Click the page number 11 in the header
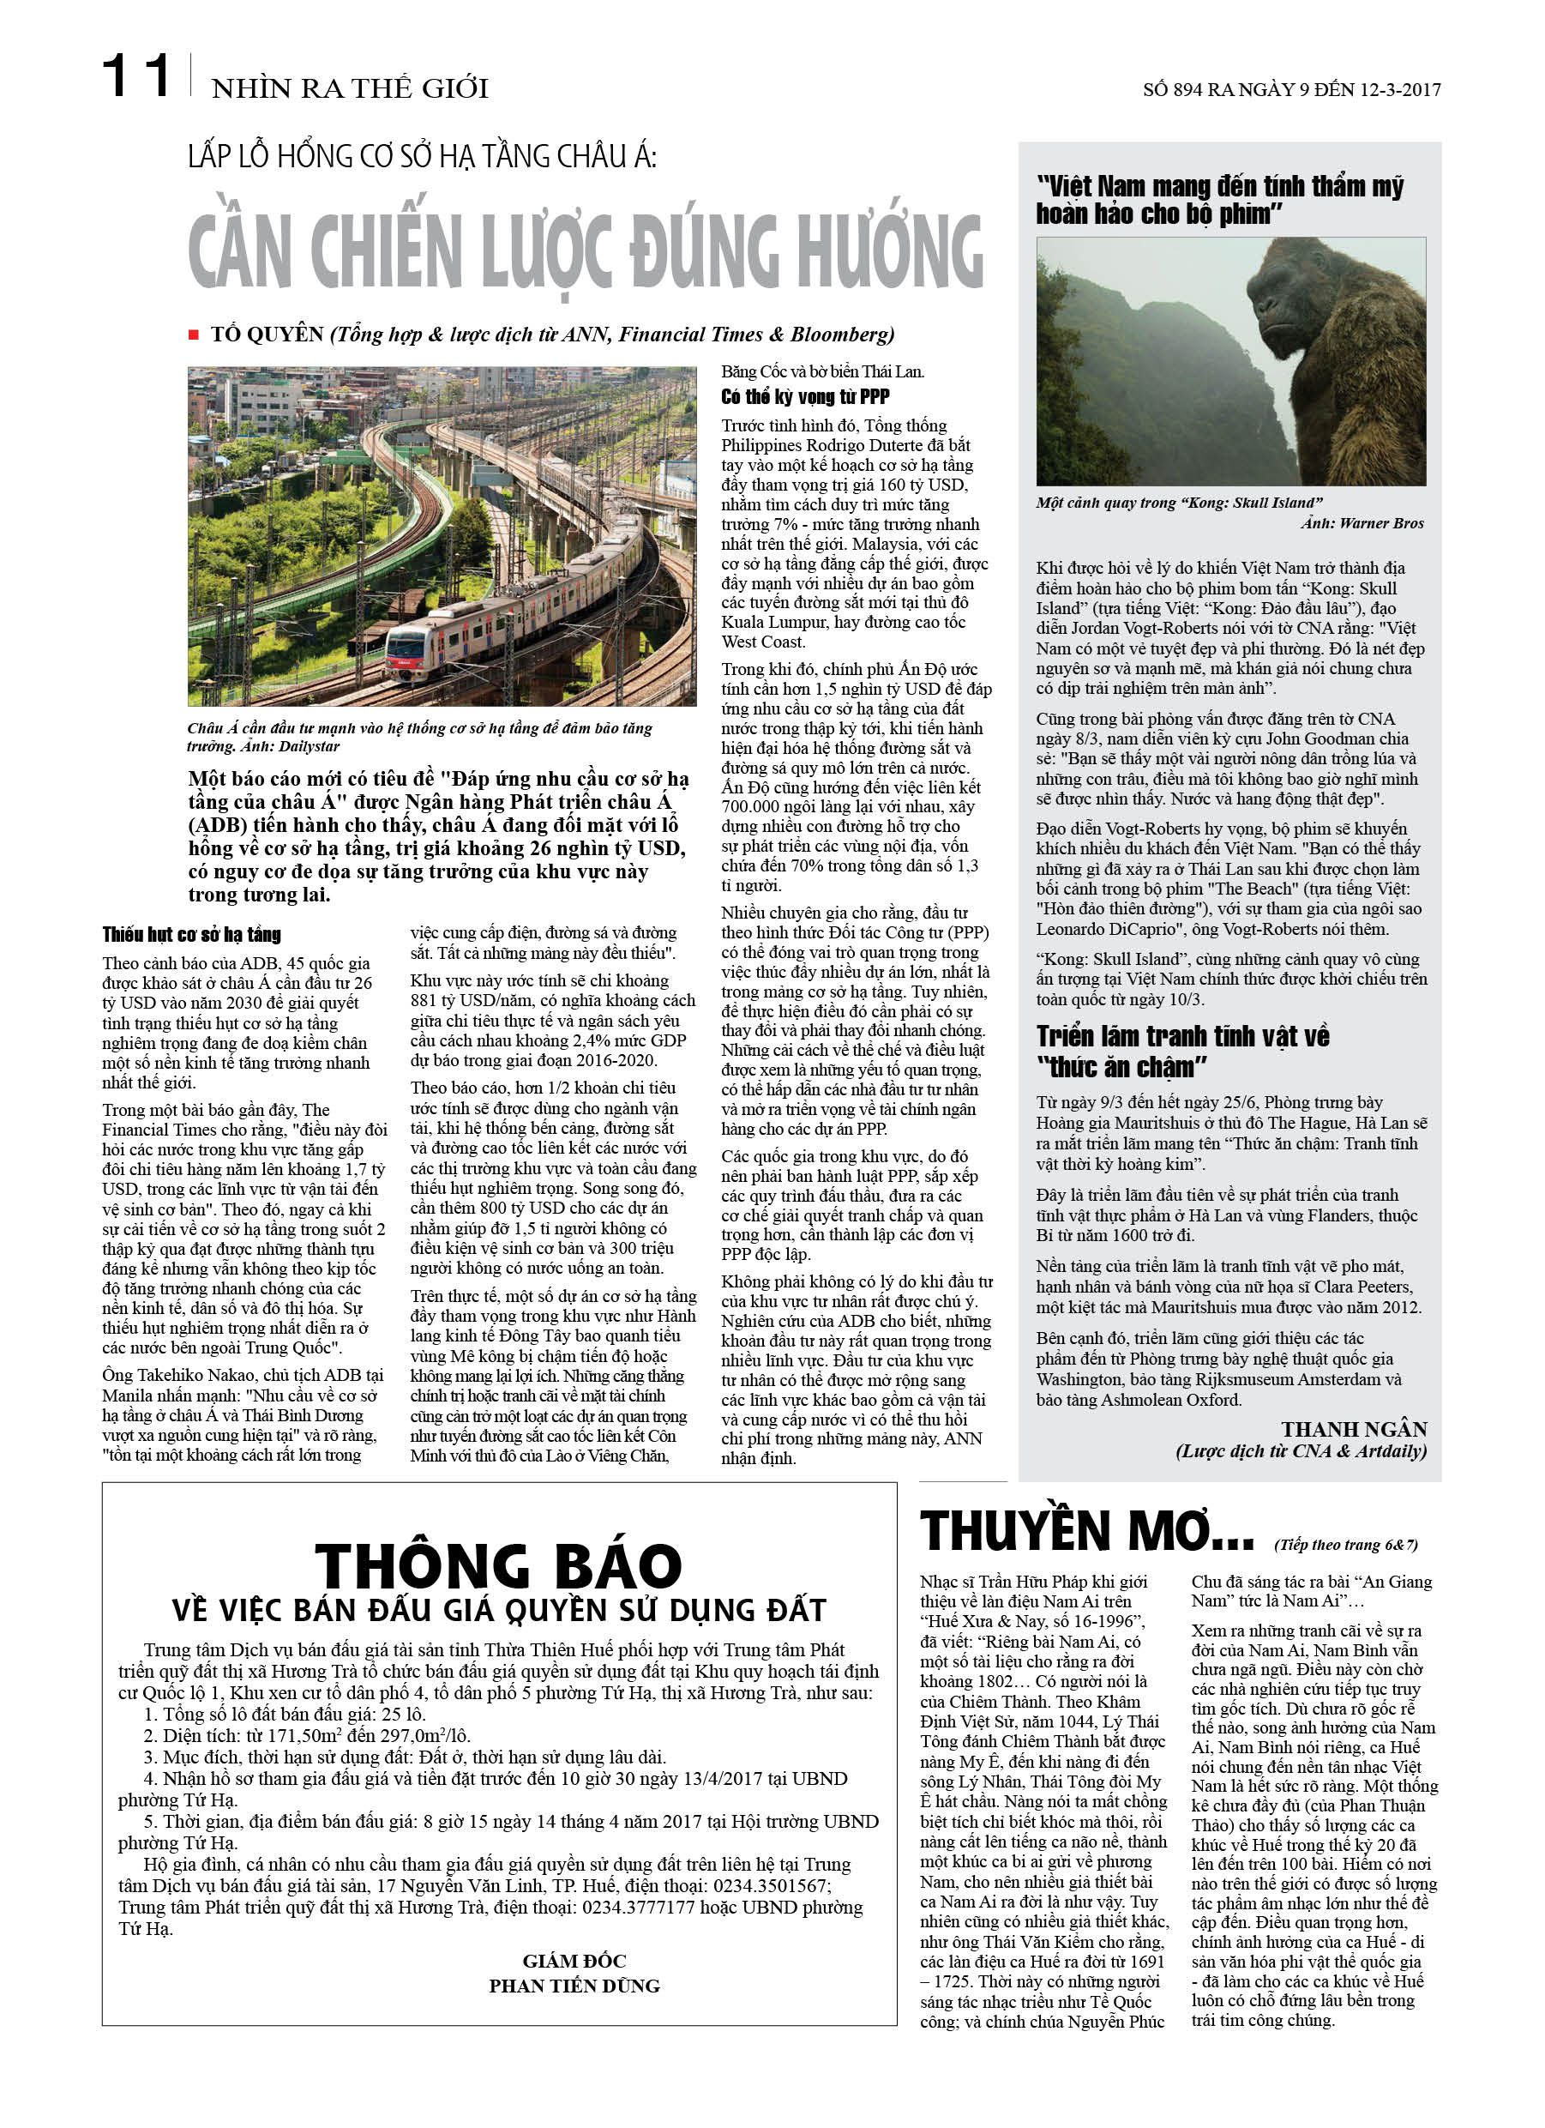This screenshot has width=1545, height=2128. pyautogui.click(x=136, y=76)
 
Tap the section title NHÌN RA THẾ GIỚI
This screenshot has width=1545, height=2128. pyautogui.click(x=349, y=89)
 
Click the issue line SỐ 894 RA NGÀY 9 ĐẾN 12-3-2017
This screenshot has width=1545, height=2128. pyautogui.click(x=1290, y=90)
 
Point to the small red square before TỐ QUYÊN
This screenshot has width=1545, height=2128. pyautogui.click(x=194, y=335)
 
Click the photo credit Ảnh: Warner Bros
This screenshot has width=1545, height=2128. pyautogui.click(x=1362, y=523)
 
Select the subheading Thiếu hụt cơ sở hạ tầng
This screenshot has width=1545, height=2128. pyautogui.click(x=191, y=935)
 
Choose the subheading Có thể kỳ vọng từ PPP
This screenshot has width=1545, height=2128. pyautogui.click(x=805, y=397)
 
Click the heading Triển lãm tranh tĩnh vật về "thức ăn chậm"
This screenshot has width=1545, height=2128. pyautogui.click(x=1182, y=1051)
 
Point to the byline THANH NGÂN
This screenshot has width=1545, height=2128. pyautogui.click(x=1354, y=1429)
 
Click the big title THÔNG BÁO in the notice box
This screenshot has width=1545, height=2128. pyautogui.click(x=498, y=1566)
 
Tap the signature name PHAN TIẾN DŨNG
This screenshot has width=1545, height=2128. pyautogui.click(x=574, y=1986)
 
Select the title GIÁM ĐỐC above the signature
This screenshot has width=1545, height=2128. pyautogui.click(x=574, y=1960)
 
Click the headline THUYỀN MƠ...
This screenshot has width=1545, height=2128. pyautogui.click(x=1086, y=1532)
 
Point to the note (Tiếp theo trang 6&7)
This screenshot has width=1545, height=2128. pyautogui.click(x=1345, y=1545)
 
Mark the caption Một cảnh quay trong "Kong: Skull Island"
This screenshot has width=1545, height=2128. pyautogui.click(x=1179, y=503)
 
